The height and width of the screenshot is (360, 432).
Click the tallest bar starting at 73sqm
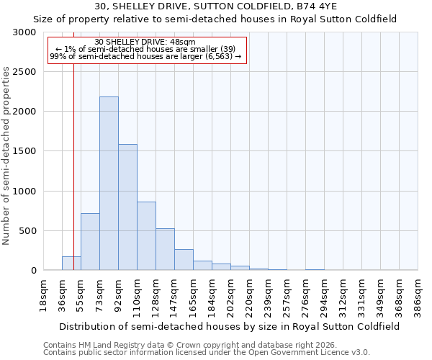[109, 184]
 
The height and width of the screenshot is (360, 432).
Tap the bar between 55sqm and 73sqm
[90, 242]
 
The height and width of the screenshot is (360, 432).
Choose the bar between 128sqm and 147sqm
[165, 249]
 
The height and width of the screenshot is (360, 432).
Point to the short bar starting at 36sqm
[71, 264]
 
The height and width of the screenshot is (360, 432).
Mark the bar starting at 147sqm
[184, 260]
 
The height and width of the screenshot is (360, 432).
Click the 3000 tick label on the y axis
[24, 32]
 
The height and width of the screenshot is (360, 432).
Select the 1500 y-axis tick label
[24, 151]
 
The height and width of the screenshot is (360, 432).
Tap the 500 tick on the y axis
[27, 231]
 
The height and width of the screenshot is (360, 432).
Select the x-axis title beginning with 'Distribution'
[230, 326]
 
